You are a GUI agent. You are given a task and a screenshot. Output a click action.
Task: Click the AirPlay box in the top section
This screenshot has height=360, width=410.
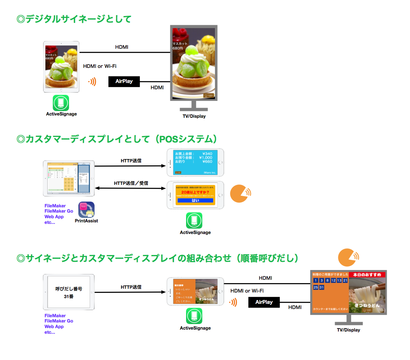(x=124, y=81)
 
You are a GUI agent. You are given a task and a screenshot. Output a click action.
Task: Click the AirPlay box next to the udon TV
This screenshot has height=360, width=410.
(x=264, y=302)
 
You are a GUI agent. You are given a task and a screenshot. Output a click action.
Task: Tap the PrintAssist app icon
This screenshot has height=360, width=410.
(x=86, y=210)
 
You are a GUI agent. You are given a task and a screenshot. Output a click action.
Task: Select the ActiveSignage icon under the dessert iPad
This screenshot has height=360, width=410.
(x=61, y=103)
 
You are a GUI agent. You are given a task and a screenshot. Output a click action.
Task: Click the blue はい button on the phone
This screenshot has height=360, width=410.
(x=195, y=201)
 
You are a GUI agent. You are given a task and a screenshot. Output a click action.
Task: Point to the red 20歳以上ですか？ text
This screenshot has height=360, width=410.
(x=195, y=192)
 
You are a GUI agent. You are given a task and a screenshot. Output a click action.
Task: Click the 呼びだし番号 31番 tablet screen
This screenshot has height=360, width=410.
(x=69, y=292)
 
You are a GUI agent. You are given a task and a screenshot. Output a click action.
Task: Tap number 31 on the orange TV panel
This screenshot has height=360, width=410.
(x=321, y=287)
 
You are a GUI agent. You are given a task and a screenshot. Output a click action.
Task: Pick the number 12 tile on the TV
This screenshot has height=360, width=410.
(x=333, y=280)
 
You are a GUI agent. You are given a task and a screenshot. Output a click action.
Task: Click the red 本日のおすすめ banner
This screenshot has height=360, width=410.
(x=367, y=274)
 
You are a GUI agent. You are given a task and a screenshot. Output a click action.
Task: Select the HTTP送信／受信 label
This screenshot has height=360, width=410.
(x=131, y=183)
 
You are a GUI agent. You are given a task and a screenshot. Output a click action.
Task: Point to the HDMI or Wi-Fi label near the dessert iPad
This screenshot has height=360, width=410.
(x=100, y=66)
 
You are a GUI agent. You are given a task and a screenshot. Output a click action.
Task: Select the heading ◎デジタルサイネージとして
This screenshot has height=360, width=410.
(x=74, y=19)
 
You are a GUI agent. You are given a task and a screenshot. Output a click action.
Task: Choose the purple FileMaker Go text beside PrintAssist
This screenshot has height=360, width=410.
(x=59, y=211)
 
